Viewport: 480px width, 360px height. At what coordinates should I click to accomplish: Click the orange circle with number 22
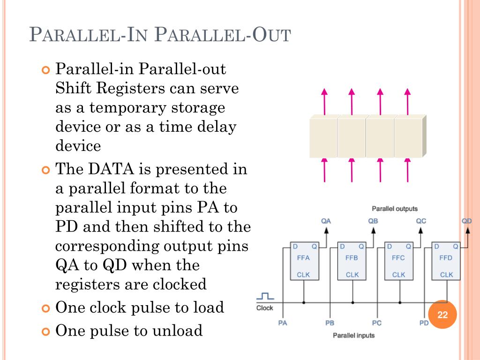point(442,315)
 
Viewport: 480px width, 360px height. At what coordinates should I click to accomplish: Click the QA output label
point(326,221)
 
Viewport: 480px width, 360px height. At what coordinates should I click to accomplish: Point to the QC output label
point(421,221)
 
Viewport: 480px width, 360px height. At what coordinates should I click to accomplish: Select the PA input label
point(283,323)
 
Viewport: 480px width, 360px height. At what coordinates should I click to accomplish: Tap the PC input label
point(377,323)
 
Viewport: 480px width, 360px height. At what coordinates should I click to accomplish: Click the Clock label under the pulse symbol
point(265,308)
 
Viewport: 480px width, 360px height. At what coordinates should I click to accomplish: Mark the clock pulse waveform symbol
point(265,296)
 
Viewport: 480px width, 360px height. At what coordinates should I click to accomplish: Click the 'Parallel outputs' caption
point(394,209)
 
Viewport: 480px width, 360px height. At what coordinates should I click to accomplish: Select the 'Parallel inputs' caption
point(353,335)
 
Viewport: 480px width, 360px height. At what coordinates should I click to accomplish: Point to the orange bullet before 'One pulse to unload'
point(45,332)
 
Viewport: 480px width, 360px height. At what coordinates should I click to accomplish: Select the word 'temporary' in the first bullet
point(127,108)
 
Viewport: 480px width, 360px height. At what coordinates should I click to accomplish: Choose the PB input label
point(330,323)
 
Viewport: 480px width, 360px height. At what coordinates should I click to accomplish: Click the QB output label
point(373,221)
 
